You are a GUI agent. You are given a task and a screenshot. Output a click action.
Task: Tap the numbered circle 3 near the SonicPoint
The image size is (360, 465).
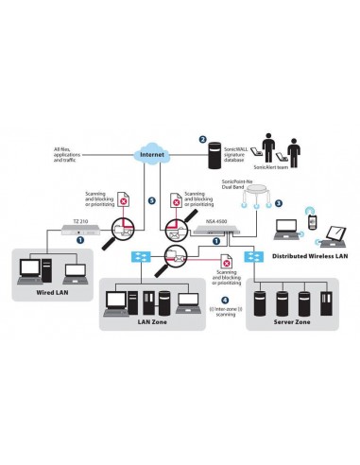[278, 203]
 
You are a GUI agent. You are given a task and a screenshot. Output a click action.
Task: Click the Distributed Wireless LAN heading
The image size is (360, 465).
[305, 255]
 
